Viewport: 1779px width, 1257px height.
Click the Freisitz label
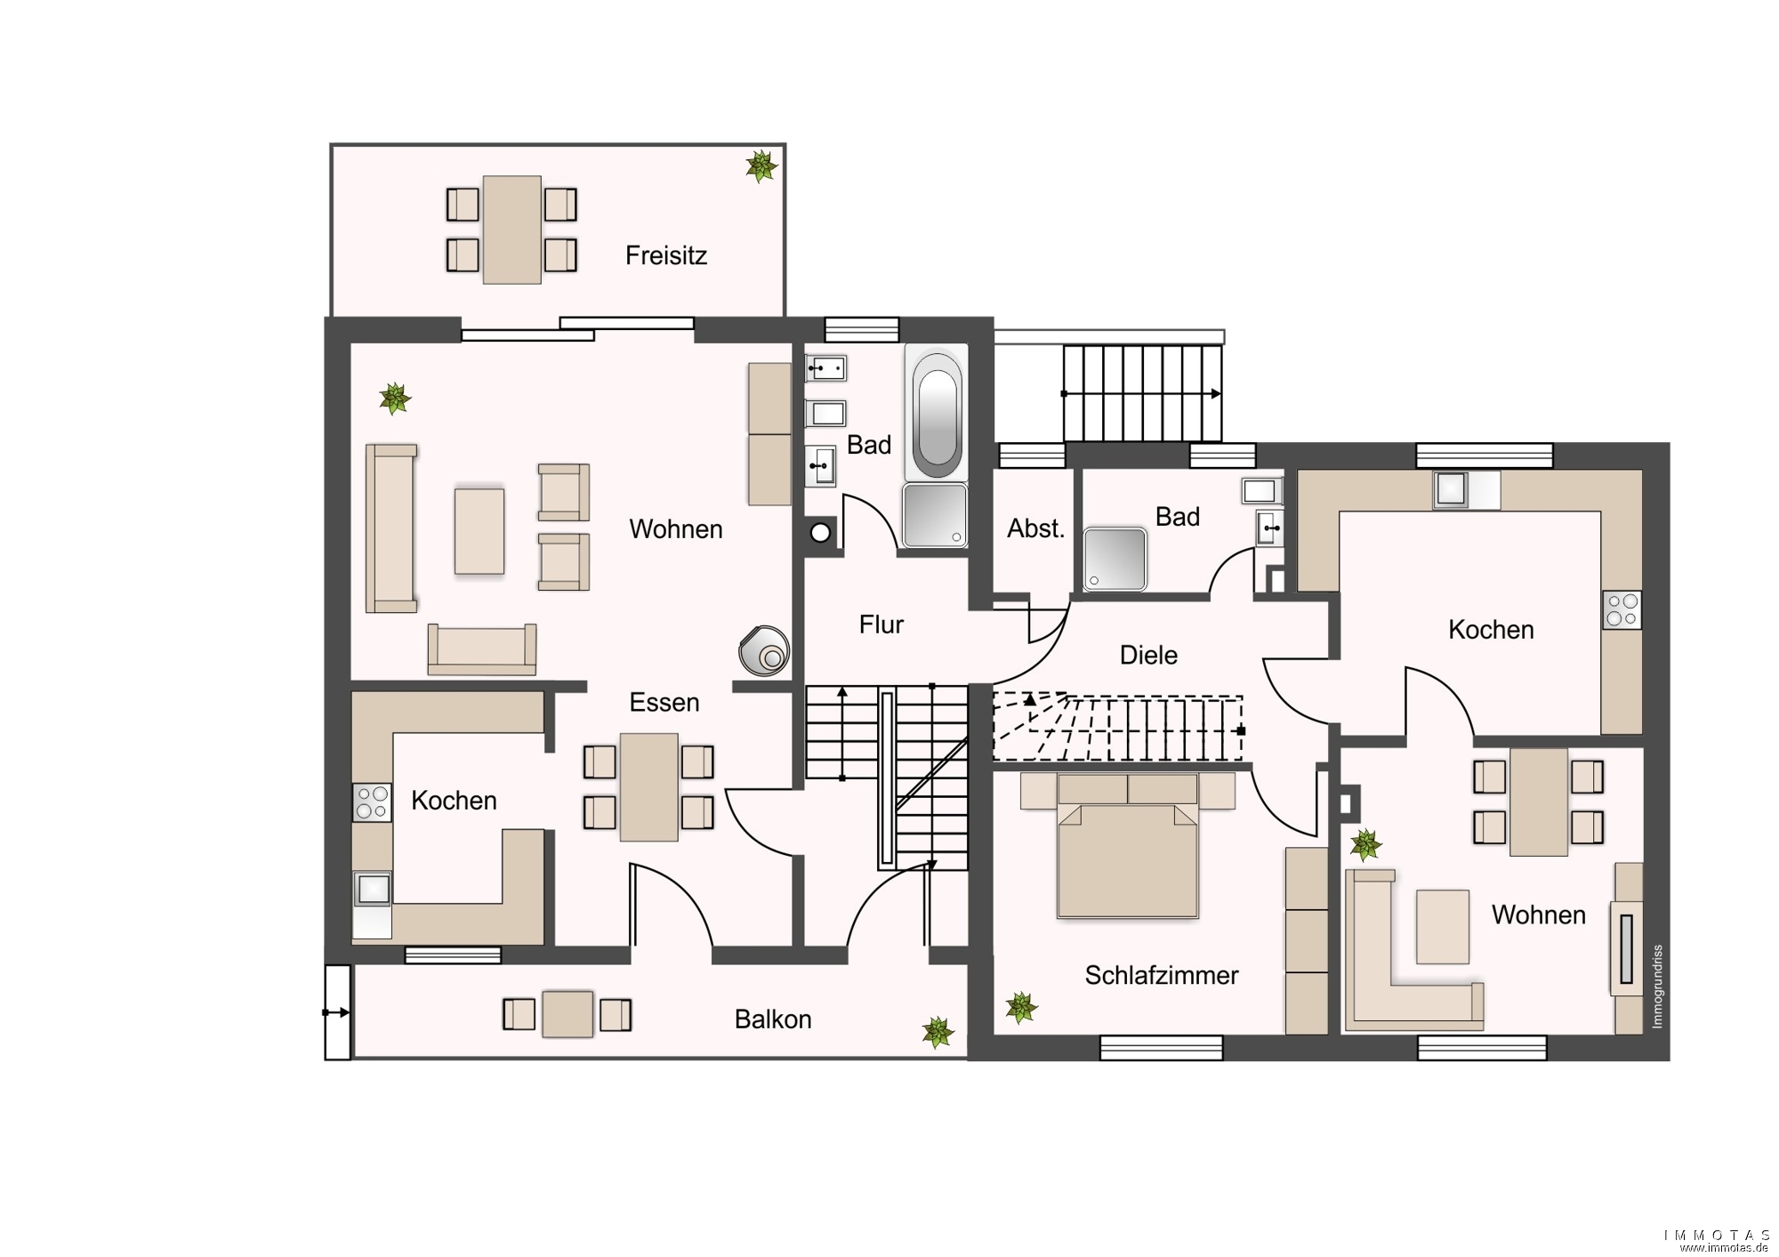[x=665, y=256]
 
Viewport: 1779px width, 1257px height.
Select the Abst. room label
[x=1035, y=528]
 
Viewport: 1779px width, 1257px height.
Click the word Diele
[x=1148, y=656]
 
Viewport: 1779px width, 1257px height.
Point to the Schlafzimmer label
[x=1161, y=976]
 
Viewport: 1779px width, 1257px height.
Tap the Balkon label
[x=773, y=1019]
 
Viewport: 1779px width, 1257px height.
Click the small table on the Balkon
[x=568, y=1014]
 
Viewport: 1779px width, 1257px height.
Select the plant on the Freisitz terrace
[x=761, y=165]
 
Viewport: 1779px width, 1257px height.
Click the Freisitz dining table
[x=511, y=230]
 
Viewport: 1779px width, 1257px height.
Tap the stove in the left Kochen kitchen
[x=372, y=802]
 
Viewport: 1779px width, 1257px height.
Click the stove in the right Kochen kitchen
[x=1622, y=610]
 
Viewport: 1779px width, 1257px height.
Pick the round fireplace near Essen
[x=764, y=650]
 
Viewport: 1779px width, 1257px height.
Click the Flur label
[x=881, y=624]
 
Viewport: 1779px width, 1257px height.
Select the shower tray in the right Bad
[x=1115, y=559]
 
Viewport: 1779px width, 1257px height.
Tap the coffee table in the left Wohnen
[x=479, y=531]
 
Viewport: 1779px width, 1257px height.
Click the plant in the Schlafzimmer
[x=1021, y=1008]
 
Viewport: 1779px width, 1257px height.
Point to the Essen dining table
[x=648, y=787]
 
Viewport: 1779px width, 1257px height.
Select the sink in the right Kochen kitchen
[x=1451, y=489]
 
